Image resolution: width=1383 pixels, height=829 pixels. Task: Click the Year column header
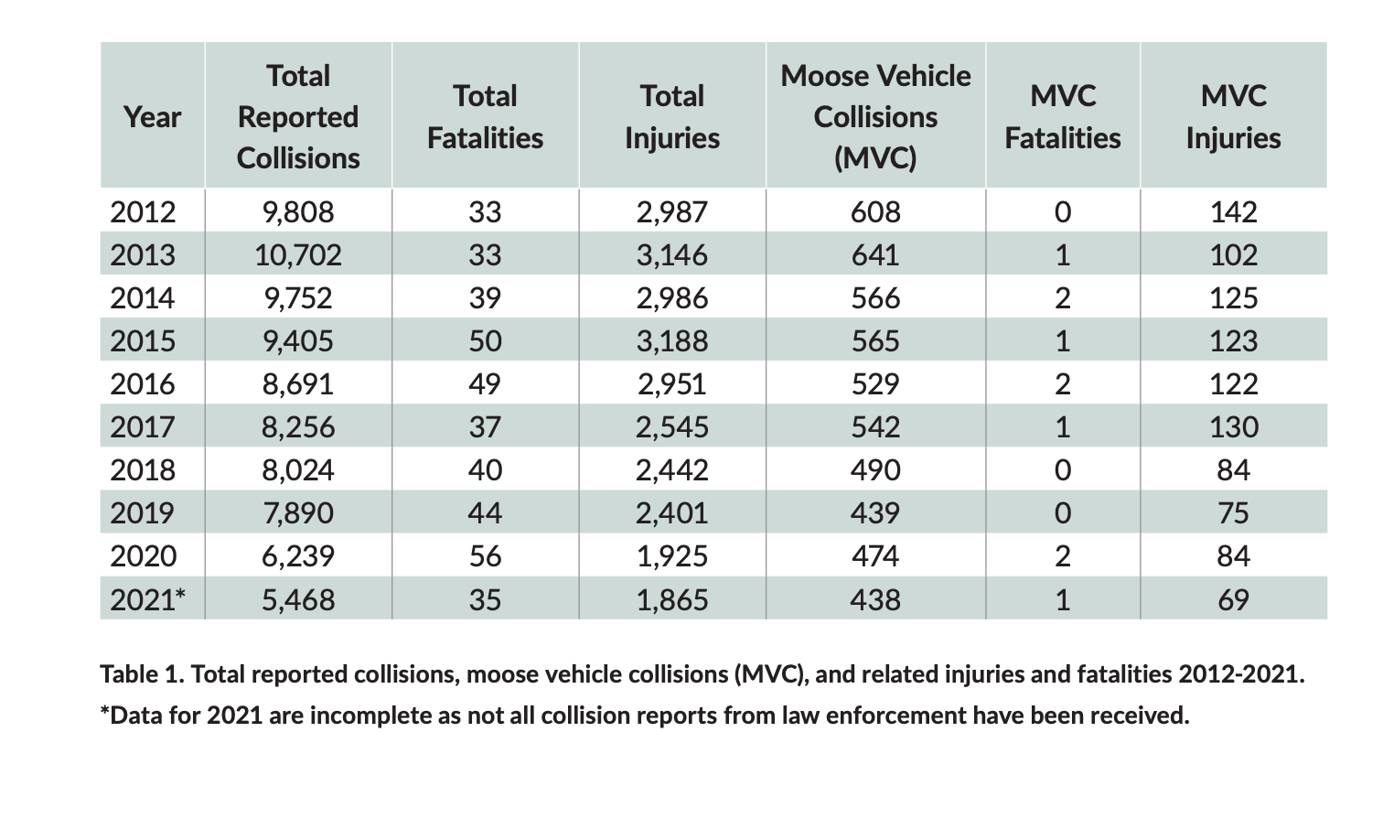[152, 117]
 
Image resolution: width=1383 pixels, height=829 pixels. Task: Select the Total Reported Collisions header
[298, 117]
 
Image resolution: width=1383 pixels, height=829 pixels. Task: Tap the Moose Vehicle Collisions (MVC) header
[875, 117]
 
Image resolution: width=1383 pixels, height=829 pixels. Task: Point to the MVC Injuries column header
[1234, 117]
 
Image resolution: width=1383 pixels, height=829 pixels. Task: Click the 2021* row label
[147, 599]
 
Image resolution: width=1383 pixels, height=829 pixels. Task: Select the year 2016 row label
[143, 384]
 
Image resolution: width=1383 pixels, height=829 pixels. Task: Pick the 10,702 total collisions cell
[298, 255]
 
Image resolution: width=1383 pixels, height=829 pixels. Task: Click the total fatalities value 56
[486, 556]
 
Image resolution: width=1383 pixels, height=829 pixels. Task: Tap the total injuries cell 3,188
[672, 341]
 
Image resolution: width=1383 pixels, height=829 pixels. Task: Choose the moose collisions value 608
[875, 212]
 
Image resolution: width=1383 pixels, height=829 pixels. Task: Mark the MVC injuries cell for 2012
[1234, 212]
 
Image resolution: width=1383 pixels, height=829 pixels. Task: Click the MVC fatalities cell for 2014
[1063, 298]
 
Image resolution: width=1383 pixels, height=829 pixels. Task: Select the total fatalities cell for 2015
[486, 341]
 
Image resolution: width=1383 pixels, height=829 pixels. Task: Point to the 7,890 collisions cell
[298, 513]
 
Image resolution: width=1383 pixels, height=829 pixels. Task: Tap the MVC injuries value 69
[1234, 599]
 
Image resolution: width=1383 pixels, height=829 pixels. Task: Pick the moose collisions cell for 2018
[875, 470]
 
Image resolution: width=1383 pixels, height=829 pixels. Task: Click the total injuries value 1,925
[672, 556]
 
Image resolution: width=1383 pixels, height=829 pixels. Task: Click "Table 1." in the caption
[143, 674]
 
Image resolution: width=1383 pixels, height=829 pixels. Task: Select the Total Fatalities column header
[486, 117]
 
